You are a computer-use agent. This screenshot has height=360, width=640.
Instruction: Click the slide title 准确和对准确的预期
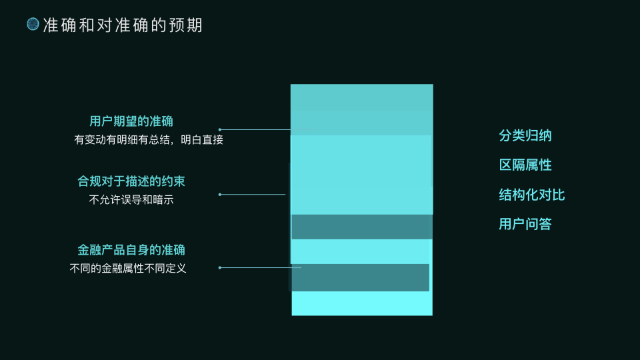tap(123, 25)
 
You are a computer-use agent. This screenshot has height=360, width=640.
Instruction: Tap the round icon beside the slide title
tap(33, 25)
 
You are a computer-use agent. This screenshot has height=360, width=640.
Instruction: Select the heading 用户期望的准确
tap(131, 121)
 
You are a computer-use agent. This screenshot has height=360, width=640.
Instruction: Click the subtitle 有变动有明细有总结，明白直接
tap(148, 140)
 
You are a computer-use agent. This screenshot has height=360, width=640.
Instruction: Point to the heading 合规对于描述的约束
tap(131, 181)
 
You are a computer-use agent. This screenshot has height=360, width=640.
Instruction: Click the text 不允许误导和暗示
tap(131, 199)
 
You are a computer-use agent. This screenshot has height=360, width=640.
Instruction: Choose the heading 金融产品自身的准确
tap(131, 251)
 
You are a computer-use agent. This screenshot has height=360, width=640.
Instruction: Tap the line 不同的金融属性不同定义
tap(128, 269)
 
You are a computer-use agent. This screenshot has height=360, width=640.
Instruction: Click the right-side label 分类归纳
tap(525, 136)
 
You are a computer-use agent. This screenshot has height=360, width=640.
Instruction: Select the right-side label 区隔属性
tap(525, 165)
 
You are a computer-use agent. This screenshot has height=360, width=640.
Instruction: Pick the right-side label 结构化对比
tap(532, 195)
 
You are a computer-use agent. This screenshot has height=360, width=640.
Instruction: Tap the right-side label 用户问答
tap(525, 224)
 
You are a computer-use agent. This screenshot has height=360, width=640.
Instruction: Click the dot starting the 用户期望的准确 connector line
tap(220, 129)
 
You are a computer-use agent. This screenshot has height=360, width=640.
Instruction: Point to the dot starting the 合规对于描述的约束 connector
tap(220, 195)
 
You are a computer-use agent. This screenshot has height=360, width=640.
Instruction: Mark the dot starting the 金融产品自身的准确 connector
tap(220, 267)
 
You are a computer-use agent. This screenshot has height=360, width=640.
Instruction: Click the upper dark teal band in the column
tap(362, 227)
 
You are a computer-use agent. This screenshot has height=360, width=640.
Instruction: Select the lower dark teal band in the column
tap(361, 277)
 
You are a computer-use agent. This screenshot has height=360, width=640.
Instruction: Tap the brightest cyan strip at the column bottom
tap(362, 303)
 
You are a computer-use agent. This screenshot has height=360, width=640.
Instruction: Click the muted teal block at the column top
tap(361, 109)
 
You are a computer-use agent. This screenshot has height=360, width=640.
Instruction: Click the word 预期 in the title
tap(188, 25)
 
